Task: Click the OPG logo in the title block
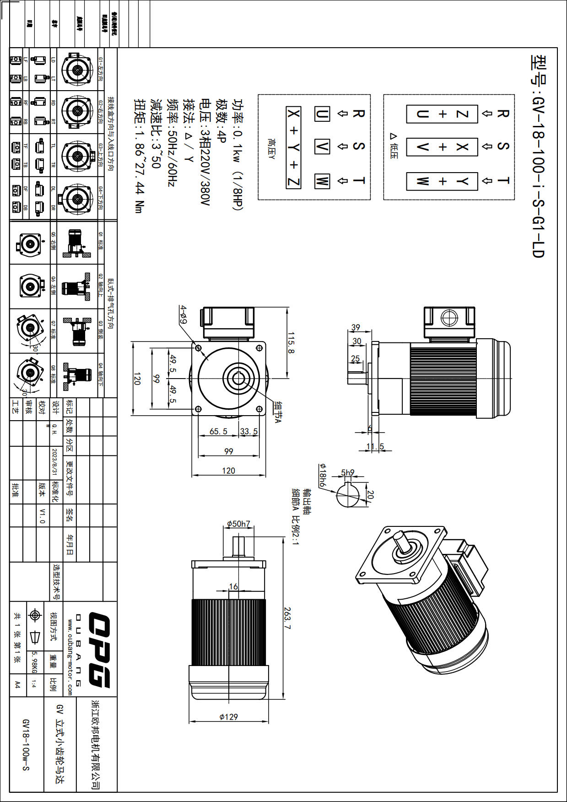tap(99, 650)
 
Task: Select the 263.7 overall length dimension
tap(288, 618)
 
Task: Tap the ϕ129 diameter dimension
tap(228, 717)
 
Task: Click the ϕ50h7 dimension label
tap(238, 524)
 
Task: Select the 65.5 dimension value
tap(218, 431)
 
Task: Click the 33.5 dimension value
tap(249, 431)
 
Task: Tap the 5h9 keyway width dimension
tap(348, 472)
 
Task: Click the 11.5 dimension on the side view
tap(375, 446)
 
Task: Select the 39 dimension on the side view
tap(356, 327)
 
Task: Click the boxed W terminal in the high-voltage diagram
tap(322, 181)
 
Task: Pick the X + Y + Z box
tap(293, 147)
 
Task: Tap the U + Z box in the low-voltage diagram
tap(442, 114)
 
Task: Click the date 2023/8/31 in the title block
tap(55, 462)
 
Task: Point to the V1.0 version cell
tap(42, 515)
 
